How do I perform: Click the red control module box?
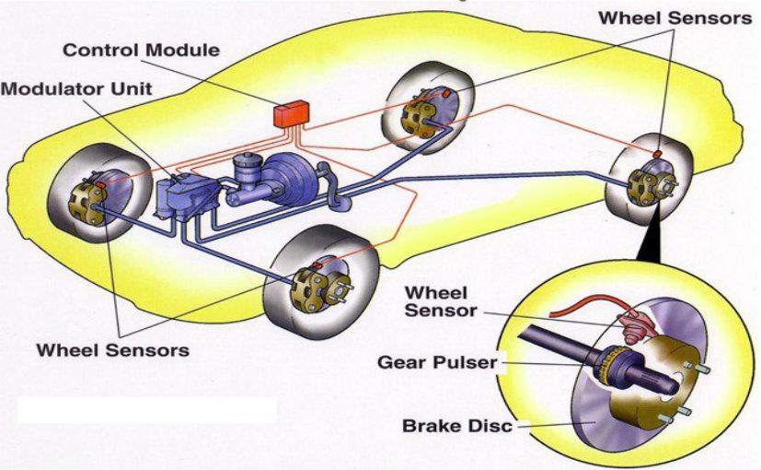[291, 114]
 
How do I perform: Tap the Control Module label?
[141, 50]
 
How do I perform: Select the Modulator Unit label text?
[76, 89]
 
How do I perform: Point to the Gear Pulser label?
[436, 362]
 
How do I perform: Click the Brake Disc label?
[456, 426]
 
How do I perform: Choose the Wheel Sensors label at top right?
[675, 18]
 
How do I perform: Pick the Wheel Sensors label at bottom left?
[112, 350]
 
